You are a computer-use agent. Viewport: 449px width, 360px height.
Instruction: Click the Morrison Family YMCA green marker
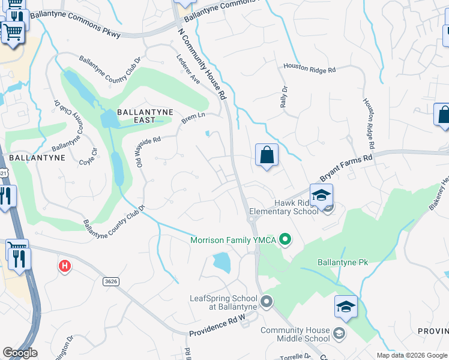pyautogui.click(x=286, y=241)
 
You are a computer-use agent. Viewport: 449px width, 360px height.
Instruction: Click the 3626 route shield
pyautogui.click(x=110, y=281)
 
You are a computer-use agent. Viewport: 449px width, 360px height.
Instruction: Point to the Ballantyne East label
pyautogui.click(x=145, y=116)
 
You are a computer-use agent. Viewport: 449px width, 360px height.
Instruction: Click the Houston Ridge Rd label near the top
pyautogui.click(x=309, y=68)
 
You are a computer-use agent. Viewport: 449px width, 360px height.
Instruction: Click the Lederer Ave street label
pyautogui.click(x=188, y=70)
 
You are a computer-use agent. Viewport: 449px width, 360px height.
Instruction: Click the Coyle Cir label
pyautogui.click(x=89, y=157)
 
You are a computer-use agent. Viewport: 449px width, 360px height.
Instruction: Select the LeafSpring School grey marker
pyautogui.click(x=267, y=301)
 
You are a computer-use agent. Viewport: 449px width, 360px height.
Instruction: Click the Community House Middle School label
pyautogui.click(x=295, y=335)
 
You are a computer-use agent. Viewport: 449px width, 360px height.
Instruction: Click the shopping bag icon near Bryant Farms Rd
pyautogui.click(x=267, y=155)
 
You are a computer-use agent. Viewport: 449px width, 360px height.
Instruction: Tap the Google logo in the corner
pyautogui.click(x=20, y=353)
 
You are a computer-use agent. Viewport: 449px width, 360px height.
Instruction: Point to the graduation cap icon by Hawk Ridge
pyautogui.click(x=321, y=195)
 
